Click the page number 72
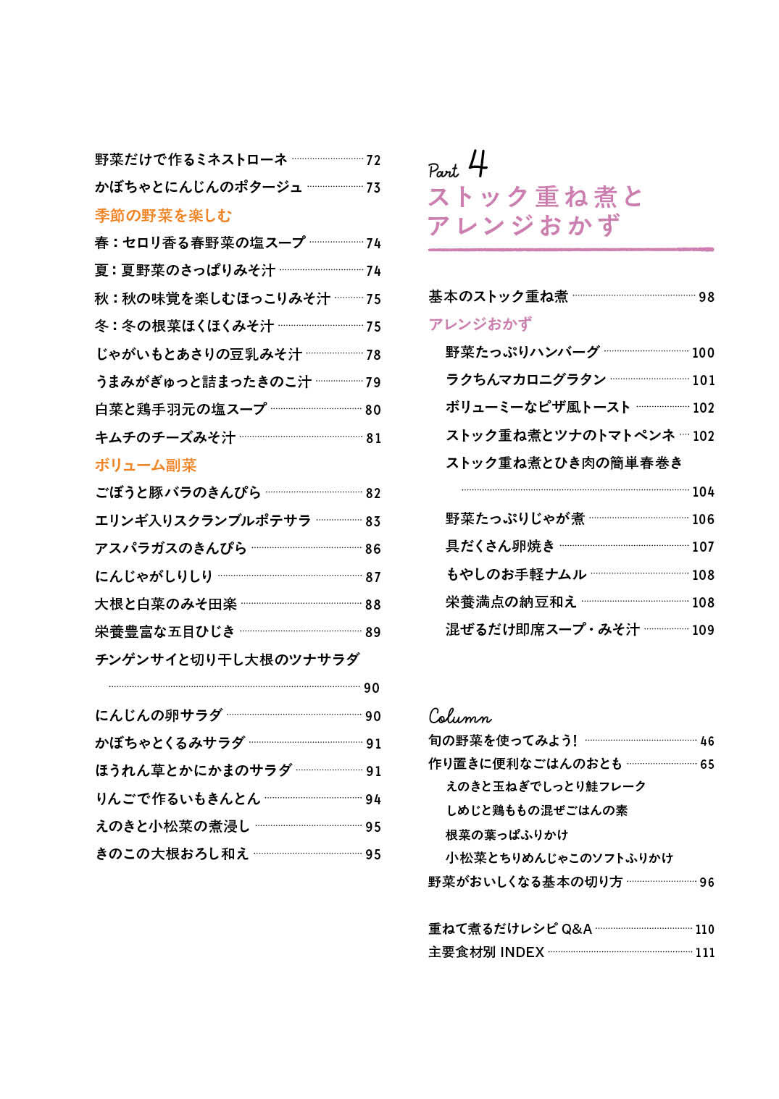[373, 160]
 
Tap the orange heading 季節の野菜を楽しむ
[163, 215]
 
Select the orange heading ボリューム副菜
[146, 465]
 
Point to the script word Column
[459, 716]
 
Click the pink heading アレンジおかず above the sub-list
[480, 324]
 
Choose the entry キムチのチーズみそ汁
[165, 437]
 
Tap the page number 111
[705, 953]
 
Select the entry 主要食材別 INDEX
[486, 952]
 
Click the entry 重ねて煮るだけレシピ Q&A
[510, 928]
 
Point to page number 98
[707, 297]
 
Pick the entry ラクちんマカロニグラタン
[525, 379]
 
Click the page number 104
[703, 492]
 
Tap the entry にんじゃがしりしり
[154, 576]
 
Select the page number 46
[707, 741]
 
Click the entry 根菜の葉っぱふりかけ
[507, 834]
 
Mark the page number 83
[373, 521]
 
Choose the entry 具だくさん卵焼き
[500, 546]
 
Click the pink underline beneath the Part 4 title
[570, 250]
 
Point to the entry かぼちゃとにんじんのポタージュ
[199, 187]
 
